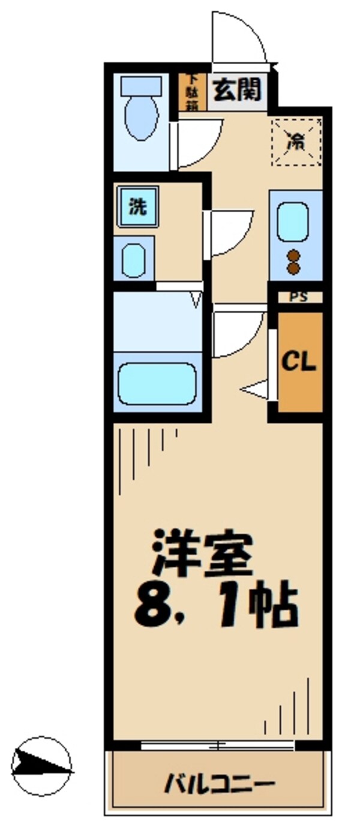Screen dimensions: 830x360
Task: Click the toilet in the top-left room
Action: pos(142,112)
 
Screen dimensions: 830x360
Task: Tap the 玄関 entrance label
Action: pos(237,91)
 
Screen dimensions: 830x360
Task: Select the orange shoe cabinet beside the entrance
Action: pos(192,92)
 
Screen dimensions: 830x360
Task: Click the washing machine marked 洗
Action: pos(138,207)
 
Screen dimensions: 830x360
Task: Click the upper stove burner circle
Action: pos(293,255)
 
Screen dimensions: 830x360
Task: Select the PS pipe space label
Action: pos(296,296)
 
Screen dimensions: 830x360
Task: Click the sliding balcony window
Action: pos(217,746)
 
